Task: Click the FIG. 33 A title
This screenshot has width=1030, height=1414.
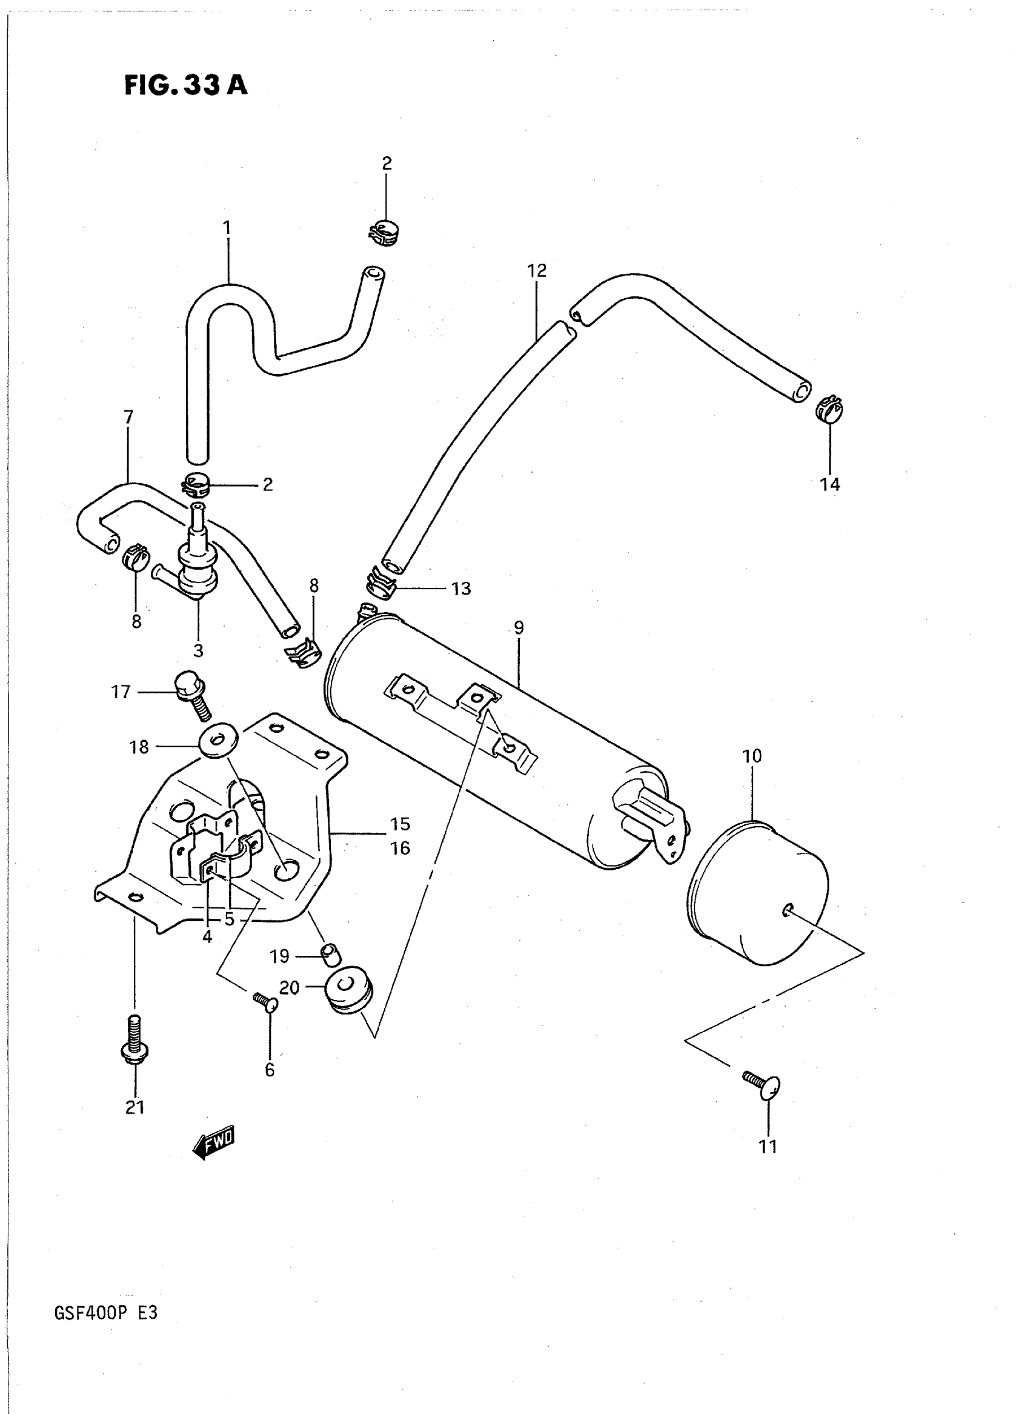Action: [186, 85]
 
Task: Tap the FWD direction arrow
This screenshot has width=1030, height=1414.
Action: [214, 1141]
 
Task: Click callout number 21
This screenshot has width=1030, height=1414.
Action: [135, 1107]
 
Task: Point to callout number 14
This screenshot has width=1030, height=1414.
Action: [830, 484]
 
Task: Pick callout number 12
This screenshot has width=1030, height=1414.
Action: [536, 270]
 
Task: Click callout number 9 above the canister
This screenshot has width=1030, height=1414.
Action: [519, 627]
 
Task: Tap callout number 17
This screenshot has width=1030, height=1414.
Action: [121, 692]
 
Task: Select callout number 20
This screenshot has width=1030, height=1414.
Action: [289, 987]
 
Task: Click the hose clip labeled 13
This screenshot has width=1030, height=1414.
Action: [380, 582]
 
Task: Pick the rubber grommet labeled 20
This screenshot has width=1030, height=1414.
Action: [350, 990]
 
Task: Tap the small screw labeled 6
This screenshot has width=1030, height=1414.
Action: [265, 1002]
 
